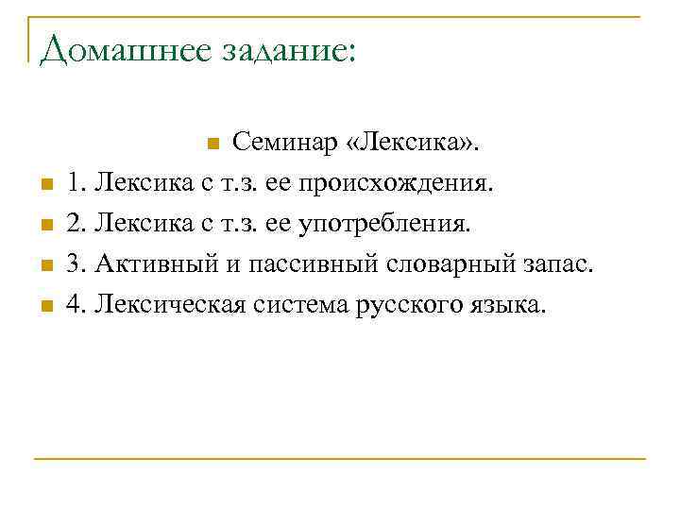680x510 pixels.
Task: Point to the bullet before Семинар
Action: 212,144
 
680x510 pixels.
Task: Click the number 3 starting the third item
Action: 73,265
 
